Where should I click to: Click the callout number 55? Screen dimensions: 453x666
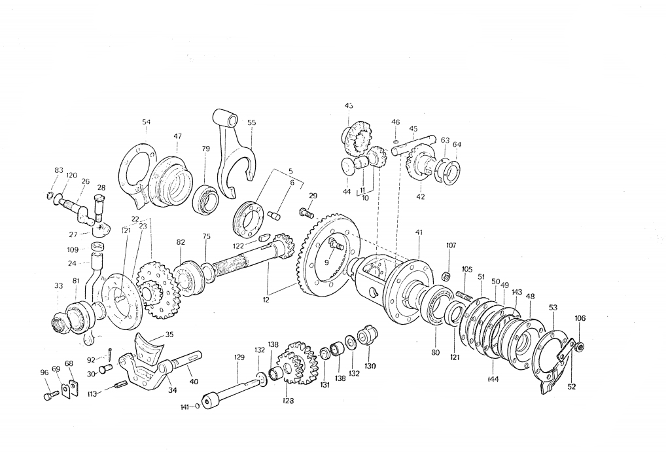coord(252,122)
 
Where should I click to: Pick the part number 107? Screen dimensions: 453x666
coord(451,246)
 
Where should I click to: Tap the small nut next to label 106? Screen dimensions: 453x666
coord(580,346)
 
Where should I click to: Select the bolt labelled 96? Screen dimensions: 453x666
coord(48,396)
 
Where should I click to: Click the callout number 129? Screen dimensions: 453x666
coord(239,357)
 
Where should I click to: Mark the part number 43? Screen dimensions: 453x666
coord(349,105)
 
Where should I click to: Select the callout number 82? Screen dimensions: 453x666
coord(181,242)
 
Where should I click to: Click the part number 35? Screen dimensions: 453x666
coord(169,334)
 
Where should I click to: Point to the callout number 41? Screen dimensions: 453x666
coord(419,232)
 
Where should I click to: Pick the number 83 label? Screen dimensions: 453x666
coord(58,171)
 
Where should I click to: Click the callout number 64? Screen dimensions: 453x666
coord(457,145)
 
